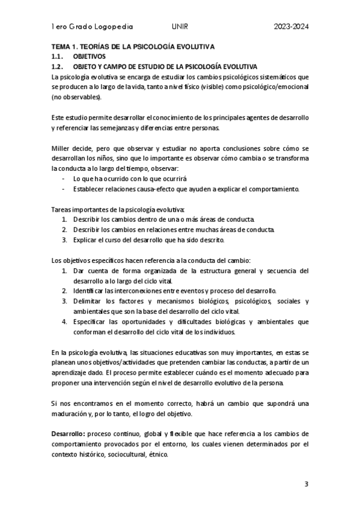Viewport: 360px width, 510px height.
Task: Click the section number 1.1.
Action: click(58, 56)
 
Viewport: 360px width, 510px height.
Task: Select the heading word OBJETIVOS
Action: click(88, 56)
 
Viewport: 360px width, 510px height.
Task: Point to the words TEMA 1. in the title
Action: click(64, 46)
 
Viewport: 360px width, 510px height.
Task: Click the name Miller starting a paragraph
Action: click(61, 148)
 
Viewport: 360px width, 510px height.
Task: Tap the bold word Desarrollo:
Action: click(69, 434)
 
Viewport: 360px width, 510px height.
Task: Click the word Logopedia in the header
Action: click(114, 27)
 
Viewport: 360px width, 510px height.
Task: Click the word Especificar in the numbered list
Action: click(90, 322)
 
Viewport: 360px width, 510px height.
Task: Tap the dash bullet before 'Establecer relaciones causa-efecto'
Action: click(65, 189)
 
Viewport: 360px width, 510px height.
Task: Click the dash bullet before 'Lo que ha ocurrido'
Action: click(65, 179)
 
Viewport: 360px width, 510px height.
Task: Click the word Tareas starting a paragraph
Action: click(62, 209)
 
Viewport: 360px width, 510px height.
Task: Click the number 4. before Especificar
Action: click(64, 322)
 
